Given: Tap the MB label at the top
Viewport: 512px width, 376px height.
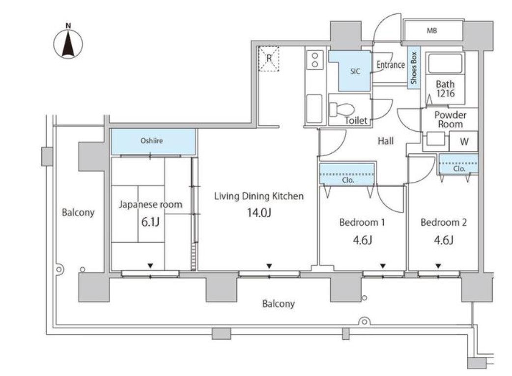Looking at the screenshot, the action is [x=432, y=30].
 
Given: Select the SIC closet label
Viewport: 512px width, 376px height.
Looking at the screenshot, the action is [x=355, y=71].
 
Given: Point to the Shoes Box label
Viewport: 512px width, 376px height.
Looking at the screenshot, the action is [x=414, y=68].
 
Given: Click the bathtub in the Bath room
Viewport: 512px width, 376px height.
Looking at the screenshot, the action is [x=445, y=63].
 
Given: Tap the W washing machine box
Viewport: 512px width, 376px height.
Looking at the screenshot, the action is [x=464, y=141].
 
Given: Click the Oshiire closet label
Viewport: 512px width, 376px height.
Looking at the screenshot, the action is [x=151, y=141].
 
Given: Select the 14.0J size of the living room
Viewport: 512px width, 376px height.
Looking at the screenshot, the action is [x=259, y=213].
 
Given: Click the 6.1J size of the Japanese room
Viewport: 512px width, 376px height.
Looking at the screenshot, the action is [x=150, y=222].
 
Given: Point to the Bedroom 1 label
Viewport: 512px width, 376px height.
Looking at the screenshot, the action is [x=362, y=223].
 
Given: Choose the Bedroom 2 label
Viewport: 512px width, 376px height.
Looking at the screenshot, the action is [x=443, y=223].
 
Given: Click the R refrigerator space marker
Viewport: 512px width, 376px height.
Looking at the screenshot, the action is [x=269, y=58].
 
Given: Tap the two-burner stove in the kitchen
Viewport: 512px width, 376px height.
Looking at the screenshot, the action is [x=315, y=60].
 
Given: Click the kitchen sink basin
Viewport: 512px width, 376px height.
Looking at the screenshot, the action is [x=314, y=109].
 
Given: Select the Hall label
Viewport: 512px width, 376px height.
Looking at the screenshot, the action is [x=386, y=141].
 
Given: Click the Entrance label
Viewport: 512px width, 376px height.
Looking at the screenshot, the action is [x=391, y=65].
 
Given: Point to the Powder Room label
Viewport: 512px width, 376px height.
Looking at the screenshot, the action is [x=450, y=119].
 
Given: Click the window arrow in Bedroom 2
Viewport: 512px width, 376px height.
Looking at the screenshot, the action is [x=438, y=266].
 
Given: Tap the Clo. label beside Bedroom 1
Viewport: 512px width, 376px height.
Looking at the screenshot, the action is [x=348, y=180].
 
